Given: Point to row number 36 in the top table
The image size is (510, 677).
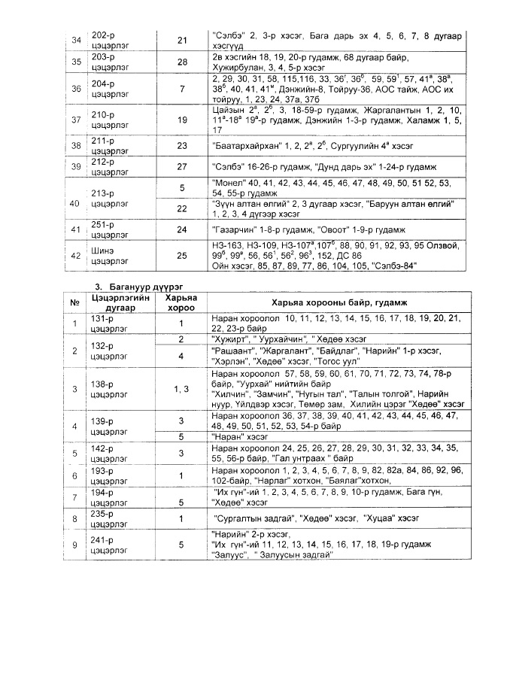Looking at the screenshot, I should tap(75, 89).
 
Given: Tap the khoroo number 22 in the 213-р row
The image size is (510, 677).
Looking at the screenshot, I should tap(181, 208).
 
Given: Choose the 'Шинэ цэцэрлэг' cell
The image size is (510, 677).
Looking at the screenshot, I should tap(109, 256).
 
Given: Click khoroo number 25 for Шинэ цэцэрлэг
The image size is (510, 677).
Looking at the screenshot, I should tap(181, 256).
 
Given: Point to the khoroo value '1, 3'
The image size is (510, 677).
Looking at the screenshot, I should tap(181, 389).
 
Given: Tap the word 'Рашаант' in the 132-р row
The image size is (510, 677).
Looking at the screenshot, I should tap(232, 351).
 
